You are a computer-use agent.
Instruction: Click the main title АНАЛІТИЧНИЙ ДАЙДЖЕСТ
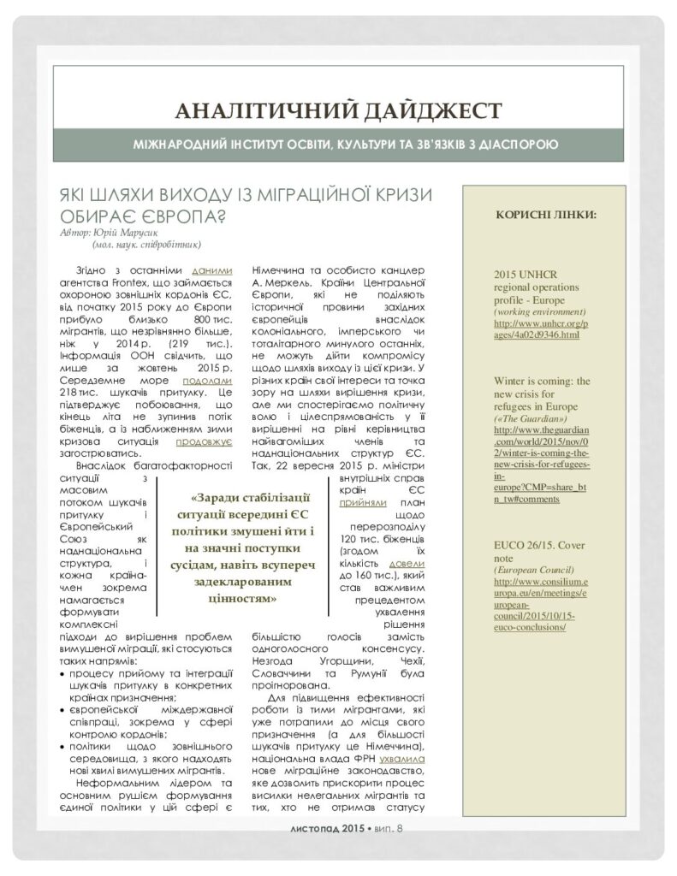337,110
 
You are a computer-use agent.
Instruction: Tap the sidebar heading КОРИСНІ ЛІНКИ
546,213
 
